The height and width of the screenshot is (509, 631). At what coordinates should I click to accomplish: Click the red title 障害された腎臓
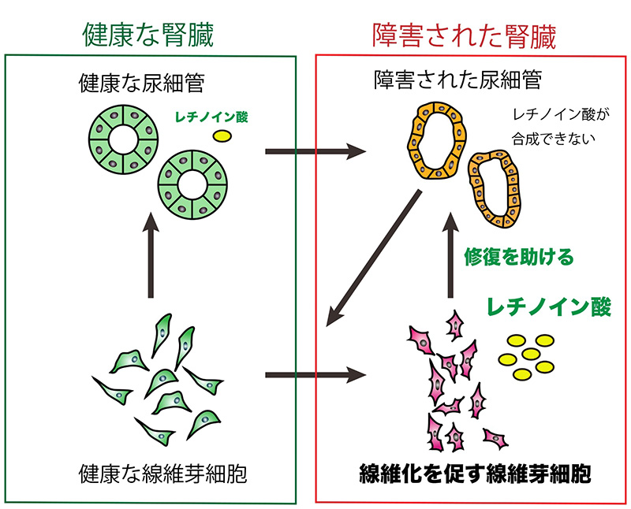pos(464,34)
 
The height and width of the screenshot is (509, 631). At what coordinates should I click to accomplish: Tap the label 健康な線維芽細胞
pos(150,475)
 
